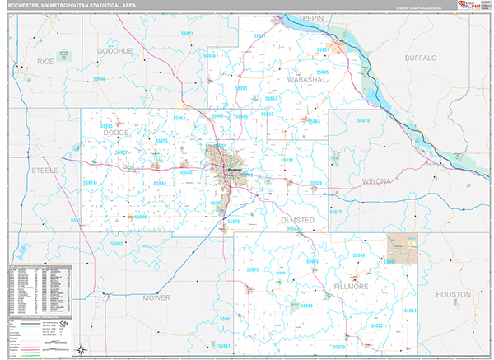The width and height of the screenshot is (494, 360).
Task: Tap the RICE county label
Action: point(44,61)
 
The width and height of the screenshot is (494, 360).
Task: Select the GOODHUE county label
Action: point(114,50)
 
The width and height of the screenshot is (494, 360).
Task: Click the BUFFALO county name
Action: point(421,58)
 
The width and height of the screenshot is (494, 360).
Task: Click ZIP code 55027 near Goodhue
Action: point(188,34)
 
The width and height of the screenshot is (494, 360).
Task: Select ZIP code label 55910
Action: point(363,121)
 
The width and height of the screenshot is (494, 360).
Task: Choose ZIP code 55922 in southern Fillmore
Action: point(376,325)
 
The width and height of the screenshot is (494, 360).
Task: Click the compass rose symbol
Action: point(81,349)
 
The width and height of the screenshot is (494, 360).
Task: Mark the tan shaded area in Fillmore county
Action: point(403,245)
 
